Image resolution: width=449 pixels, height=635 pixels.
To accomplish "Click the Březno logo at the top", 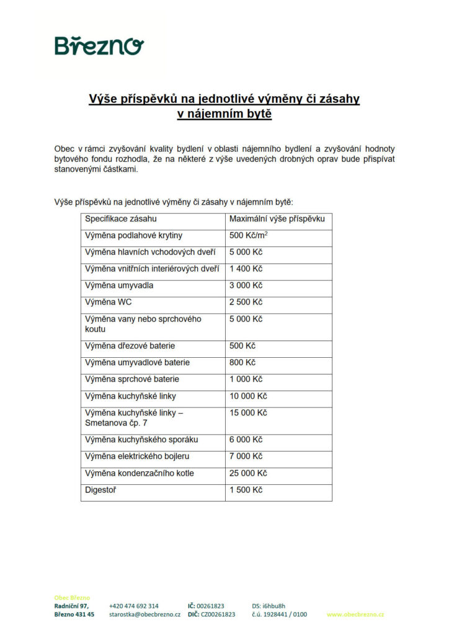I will tap(99, 45).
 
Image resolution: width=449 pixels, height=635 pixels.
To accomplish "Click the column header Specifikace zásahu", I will tap(121, 219).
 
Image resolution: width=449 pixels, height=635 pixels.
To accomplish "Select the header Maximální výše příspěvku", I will tap(277, 219).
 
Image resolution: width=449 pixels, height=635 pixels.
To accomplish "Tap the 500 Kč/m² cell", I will tap(249, 236).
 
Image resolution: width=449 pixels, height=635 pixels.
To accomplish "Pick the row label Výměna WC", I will tap(109, 303).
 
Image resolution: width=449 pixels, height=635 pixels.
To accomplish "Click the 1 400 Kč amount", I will tap(246, 269).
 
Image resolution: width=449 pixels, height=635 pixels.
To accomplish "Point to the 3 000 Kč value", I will tap(246, 286).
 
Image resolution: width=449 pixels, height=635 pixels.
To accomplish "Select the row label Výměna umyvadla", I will tap(119, 286).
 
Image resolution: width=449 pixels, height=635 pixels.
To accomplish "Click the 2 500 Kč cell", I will tap(246, 303).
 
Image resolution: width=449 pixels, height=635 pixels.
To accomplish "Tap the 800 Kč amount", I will tap(242, 363).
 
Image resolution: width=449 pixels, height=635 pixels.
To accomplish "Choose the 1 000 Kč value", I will tap(246, 380).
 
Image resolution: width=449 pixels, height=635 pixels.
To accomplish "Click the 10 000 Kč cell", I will tap(248, 396).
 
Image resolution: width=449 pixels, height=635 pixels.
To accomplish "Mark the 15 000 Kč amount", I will tap(248, 413).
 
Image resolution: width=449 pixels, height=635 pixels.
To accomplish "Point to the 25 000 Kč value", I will tap(248, 473).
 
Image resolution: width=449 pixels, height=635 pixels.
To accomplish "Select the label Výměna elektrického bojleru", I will tap(138, 456).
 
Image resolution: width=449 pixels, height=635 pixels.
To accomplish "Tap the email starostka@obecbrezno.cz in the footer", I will tap(144, 615).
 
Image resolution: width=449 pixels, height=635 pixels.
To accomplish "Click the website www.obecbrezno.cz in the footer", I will tap(355, 615).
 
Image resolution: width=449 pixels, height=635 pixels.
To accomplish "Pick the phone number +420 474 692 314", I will tap(133, 606).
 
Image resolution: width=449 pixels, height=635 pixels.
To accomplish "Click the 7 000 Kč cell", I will tap(246, 456).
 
